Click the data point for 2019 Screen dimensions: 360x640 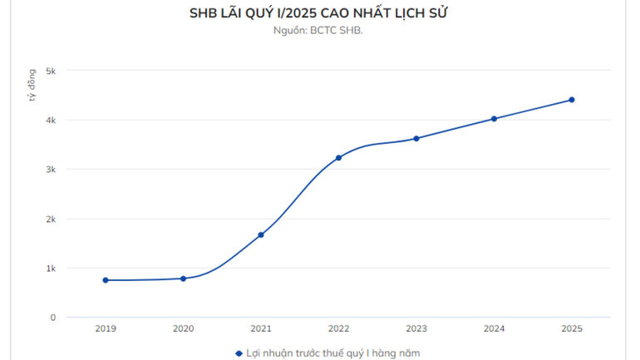click(x=106, y=280)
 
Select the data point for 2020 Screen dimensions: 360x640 click(x=183, y=279)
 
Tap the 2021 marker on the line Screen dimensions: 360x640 click(x=261, y=234)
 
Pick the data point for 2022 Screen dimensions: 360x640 click(x=338, y=158)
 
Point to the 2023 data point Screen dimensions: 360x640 click(x=416, y=138)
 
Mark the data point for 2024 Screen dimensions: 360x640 click(x=494, y=119)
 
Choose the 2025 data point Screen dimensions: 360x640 click(x=572, y=100)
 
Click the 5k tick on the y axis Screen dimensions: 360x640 click(x=51, y=71)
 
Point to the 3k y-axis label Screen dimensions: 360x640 click(x=51, y=170)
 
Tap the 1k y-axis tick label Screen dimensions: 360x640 click(x=51, y=269)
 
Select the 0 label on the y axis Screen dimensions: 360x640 click(x=53, y=318)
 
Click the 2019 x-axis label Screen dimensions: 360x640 click(x=106, y=329)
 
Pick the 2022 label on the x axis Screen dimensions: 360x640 click(x=338, y=329)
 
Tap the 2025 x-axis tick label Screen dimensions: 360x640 click(x=572, y=329)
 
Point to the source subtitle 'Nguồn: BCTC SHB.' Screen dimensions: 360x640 click(x=319, y=31)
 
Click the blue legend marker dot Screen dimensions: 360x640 click(x=238, y=353)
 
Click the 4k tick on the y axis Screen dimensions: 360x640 click(x=51, y=121)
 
